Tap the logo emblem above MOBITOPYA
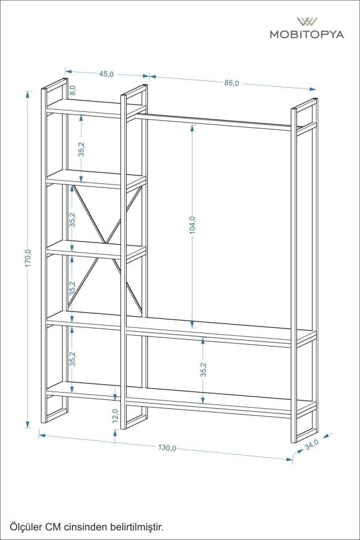click(307, 21)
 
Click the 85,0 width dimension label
click(232, 83)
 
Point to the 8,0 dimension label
click(73, 89)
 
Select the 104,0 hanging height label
click(192, 225)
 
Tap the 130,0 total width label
click(167, 448)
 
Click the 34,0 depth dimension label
click(312, 443)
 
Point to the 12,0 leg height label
click(115, 415)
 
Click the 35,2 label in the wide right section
click(204, 369)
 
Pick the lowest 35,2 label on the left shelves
click(73, 358)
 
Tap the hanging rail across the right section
click(214, 122)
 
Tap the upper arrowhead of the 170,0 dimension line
click(28, 93)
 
